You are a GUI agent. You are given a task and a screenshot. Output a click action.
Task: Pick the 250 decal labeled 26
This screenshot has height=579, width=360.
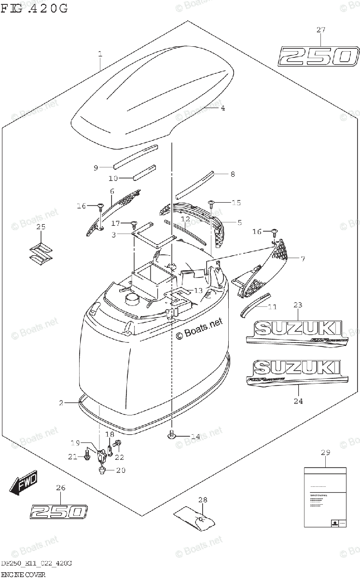tap(59, 511)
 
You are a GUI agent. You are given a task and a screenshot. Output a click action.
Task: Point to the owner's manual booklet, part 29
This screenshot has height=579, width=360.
tap(325, 497)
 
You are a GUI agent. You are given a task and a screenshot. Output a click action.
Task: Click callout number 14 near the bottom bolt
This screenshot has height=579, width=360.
tap(194, 437)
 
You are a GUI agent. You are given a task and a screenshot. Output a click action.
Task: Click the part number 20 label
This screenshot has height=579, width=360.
tap(120, 470)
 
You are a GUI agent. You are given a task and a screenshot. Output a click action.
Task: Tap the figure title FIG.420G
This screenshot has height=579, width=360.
tap(34, 8)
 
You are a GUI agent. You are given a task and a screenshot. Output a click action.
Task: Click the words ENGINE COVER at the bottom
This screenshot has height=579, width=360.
tap(23, 575)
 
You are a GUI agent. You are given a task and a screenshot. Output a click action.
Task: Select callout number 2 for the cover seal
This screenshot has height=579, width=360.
tap(61, 402)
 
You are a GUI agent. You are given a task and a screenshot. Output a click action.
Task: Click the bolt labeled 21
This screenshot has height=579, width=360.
tap(87, 455)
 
